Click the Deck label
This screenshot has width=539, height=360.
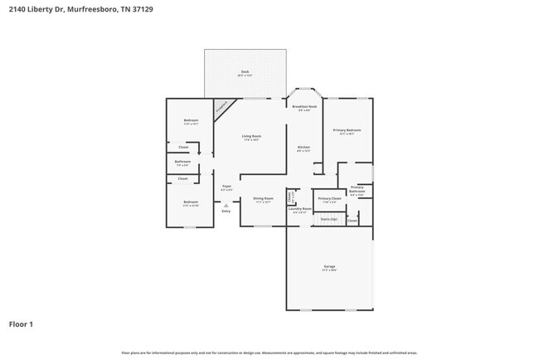(245, 72)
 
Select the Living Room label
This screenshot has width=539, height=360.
(251, 137)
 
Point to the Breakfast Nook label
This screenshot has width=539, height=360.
(304, 108)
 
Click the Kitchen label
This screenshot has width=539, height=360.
(304, 148)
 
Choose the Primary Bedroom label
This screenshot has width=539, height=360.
(347, 131)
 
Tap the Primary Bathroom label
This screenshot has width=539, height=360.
(357, 190)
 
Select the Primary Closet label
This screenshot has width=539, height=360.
(329, 199)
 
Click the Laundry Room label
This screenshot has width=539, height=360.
(300, 210)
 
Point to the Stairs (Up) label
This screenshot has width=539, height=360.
(329, 219)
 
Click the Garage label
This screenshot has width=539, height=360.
(329, 267)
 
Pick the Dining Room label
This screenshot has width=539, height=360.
(263, 199)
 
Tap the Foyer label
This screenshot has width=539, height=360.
(226, 187)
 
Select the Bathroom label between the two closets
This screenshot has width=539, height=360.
(183, 163)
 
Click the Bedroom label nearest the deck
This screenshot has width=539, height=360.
(191, 122)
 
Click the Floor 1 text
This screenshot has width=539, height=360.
(21, 324)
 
